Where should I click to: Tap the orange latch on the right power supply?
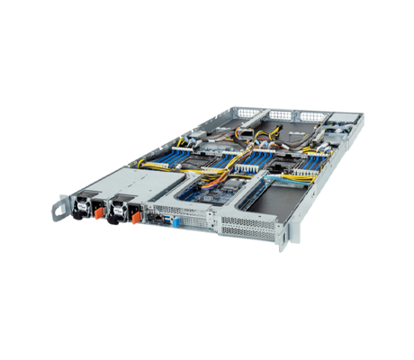coord(136,213)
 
